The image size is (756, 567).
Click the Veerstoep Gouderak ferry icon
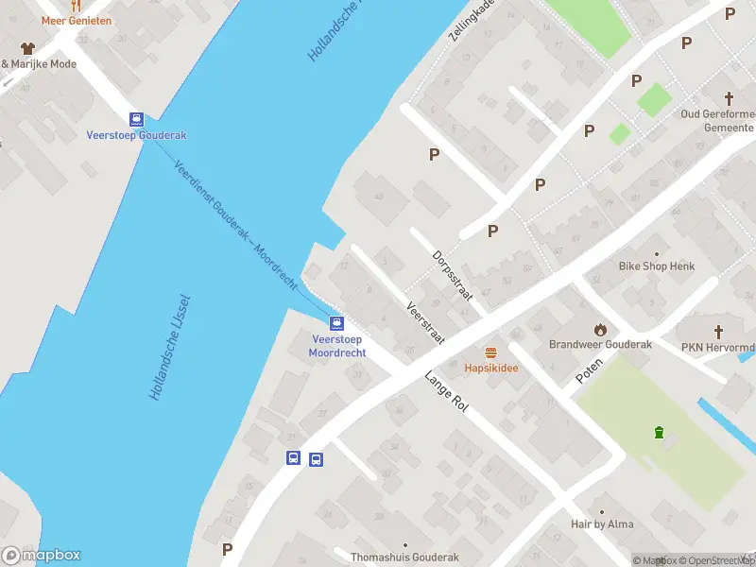tap(137, 119)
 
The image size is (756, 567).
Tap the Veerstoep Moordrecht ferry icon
tap(336, 322)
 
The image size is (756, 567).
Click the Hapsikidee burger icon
tap(490, 352)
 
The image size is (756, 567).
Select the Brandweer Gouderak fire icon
tap(600, 329)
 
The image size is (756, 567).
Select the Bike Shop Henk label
tap(657, 266)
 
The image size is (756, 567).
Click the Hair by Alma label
tap(602, 524)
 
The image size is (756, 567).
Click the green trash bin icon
tap(659, 433)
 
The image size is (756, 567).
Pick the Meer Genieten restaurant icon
tap(76, 6)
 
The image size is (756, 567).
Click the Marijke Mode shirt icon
tap(26, 48)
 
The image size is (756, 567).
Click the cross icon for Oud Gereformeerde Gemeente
tap(729, 97)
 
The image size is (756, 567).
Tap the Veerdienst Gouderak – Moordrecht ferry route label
tap(236, 223)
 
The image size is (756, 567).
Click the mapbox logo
tap(42, 556)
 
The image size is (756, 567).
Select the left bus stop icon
tap(294, 458)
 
